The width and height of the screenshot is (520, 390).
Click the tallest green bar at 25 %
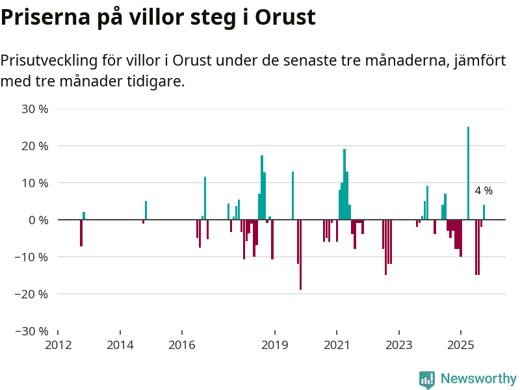click(x=468, y=174)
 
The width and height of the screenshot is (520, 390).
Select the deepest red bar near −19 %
click(x=300, y=255)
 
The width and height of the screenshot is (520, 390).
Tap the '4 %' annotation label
click(x=484, y=191)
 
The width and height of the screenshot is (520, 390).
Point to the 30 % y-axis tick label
click(x=36, y=109)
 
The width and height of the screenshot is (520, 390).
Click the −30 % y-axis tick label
click(x=32, y=331)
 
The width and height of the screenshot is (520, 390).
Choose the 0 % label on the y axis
click(x=39, y=220)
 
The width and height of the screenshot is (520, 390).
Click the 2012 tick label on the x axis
click(x=58, y=344)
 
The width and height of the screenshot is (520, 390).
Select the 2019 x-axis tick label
click(x=275, y=344)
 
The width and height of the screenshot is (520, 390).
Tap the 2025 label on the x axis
click(x=461, y=344)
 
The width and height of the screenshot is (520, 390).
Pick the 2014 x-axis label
click(x=120, y=344)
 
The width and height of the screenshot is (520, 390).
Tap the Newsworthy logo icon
click(x=426, y=380)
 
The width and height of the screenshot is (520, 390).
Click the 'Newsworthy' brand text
click(x=478, y=378)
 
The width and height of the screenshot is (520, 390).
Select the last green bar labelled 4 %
click(x=484, y=213)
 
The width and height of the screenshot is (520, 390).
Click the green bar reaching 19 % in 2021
click(x=344, y=185)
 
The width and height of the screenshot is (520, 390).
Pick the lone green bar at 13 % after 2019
click(x=293, y=196)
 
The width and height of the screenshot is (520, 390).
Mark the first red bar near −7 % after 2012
click(x=81, y=233)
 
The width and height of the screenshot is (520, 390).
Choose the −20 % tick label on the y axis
click(x=32, y=294)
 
